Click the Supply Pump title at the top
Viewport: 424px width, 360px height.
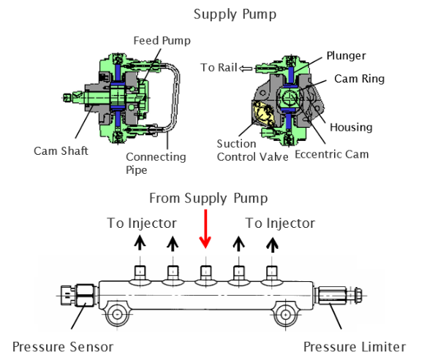pyautogui.click(x=235, y=15)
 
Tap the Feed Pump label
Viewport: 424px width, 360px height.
pyautogui.click(x=162, y=40)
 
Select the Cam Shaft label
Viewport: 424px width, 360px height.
pyautogui.click(x=61, y=150)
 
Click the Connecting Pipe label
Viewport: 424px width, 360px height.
pyautogui.click(x=156, y=164)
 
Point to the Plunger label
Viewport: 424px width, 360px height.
pyautogui.click(x=346, y=56)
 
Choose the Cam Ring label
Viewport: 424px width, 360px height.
pyautogui.click(x=359, y=79)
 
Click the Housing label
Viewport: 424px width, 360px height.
pyautogui.click(x=351, y=127)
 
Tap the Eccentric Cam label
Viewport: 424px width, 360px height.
pyautogui.click(x=331, y=154)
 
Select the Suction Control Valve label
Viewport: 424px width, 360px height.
pyautogui.click(x=252, y=150)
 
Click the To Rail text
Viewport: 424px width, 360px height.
pyautogui.click(x=219, y=67)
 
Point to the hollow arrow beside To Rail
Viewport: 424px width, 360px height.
pyautogui.click(x=246, y=69)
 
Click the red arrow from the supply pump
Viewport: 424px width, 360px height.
pyautogui.click(x=205, y=229)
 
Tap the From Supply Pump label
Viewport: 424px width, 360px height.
pyautogui.click(x=208, y=198)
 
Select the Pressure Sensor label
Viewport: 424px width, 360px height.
pyautogui.click(x=63, y=347)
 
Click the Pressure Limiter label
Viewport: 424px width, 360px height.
pyautogui.click(x=355, y=347)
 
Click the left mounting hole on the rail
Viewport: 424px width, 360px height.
pyautogui.click(x=117, y=314)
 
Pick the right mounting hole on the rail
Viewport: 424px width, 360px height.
pyautogui.click(x=285, y=315)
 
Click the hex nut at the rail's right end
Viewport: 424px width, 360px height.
pyautogui.click(x=357, y=295)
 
